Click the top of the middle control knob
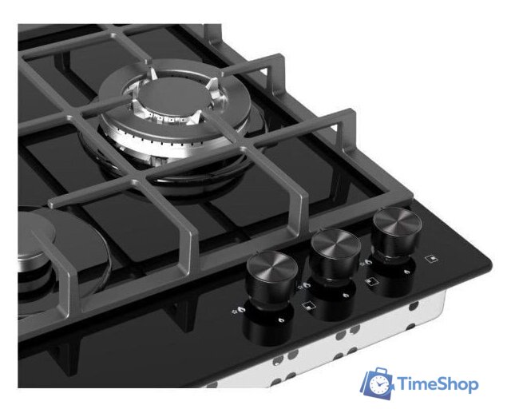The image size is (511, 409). [x=335, y=241]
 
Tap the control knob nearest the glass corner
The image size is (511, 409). [x=397, y=232]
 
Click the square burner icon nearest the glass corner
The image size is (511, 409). [x=432, y=258]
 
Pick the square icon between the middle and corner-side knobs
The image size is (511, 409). [x=370, y=281]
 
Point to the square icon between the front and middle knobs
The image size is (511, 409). [x=307, y=306]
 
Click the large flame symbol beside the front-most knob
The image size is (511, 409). [x=241, y=311]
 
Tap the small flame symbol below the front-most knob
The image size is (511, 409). [x=280, y=320]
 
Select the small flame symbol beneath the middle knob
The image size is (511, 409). [x=346, y=296]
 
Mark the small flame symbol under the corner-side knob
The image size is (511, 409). [x=406, y=272]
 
